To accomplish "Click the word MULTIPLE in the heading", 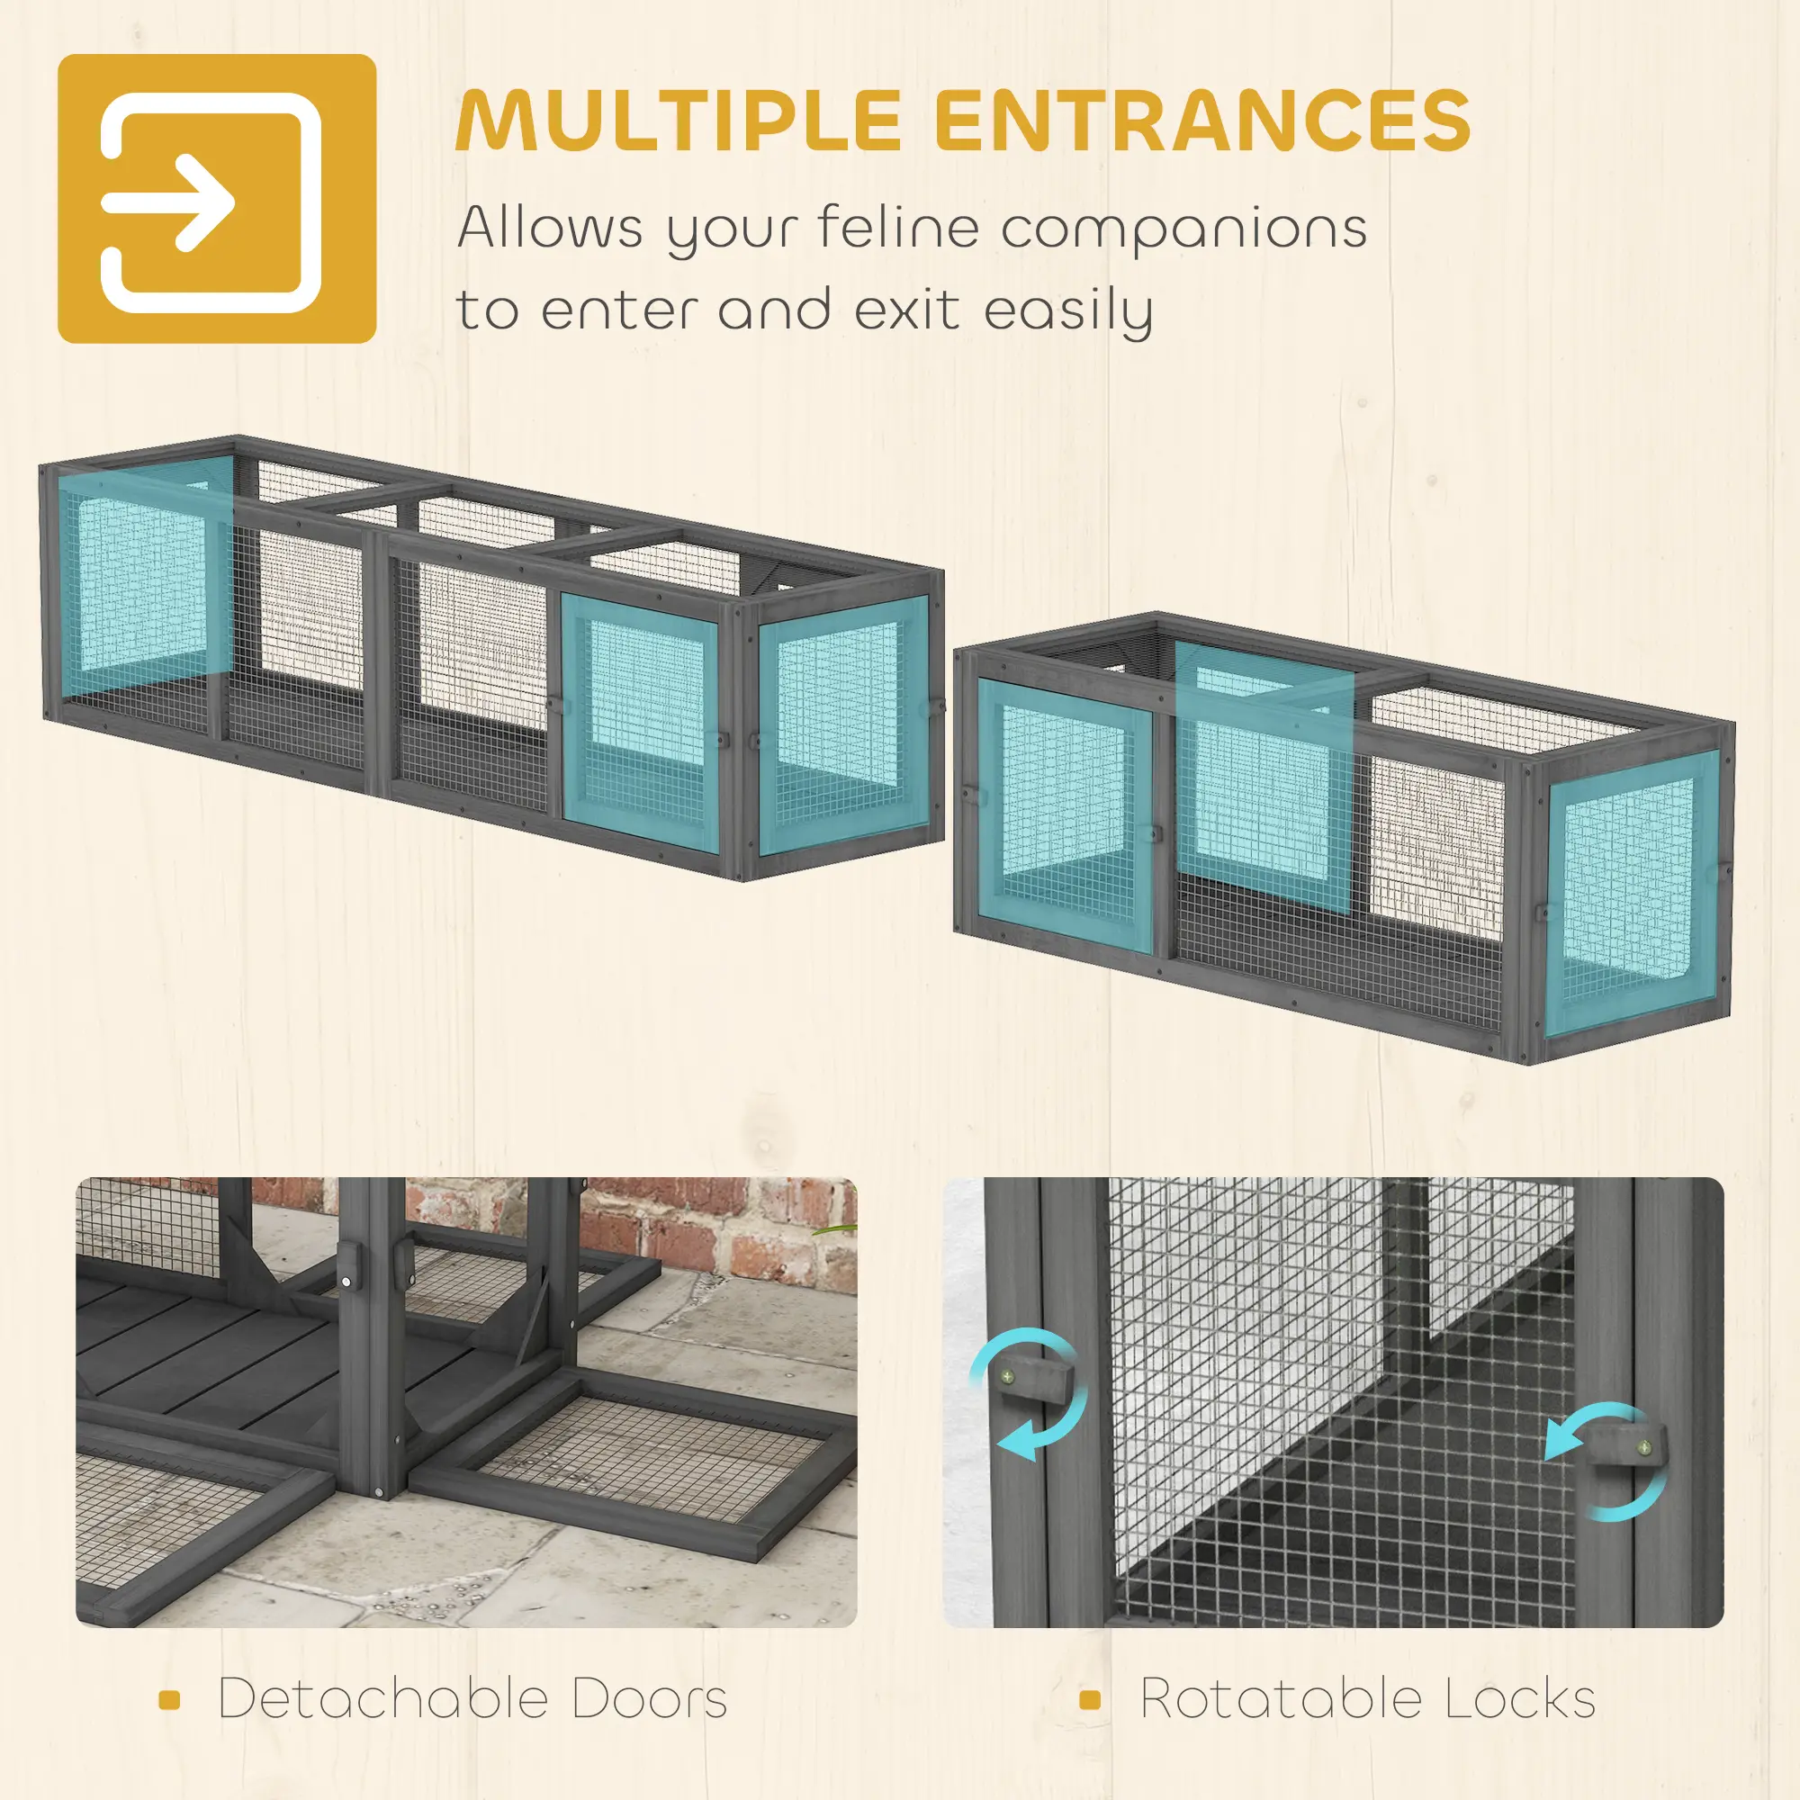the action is click(678, 121).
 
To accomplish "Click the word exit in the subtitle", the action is click(907, 310).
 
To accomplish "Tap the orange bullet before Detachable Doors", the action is click(168, 1700).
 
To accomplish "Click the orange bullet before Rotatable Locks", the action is click(1090, 1700).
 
